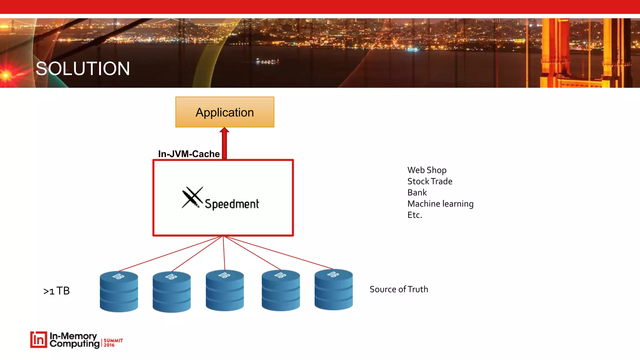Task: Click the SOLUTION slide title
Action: click(x=83, y=69)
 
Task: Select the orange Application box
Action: click(x=225, y=112)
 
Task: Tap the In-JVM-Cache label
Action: click(x=189, y=154)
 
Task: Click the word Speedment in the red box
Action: click(x=232, y=204)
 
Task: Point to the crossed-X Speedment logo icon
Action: click(x=192, y=197)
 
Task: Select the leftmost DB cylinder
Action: click(x=119, y=291)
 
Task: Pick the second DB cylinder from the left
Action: click(x=172, y=292)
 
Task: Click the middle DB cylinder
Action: click(x=225, y=290)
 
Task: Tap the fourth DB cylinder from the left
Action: click(x=281, y=290)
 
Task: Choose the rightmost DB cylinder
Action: click(x=333, y=290)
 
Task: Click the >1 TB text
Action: click(x=57, y=291)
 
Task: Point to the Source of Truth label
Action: click(x=399, y=289)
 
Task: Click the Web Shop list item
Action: click(x=427, y=170)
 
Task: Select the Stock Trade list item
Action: click(x=430, y=181)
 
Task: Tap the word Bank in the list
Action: click(x=417, y=192)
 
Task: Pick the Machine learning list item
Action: click(x=440, y=204)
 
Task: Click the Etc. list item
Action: click(x=415, y=215)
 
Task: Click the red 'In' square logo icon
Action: click(x=39, y=340)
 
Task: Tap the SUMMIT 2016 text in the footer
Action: click(x=113, y=342)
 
